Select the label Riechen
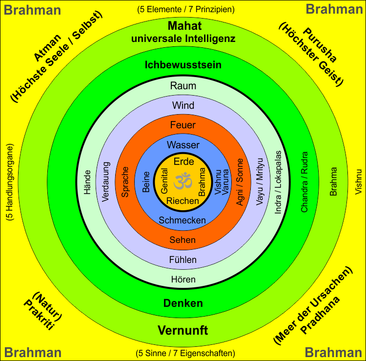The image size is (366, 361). tap(183, 201)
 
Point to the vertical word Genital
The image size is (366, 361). tap(164, 181)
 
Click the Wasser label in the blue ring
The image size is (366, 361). tap(183, 145)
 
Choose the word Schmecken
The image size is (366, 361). tap(182, 221)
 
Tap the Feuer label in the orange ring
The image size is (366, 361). tap(183, 125)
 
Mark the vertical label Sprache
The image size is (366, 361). tap(125, 182)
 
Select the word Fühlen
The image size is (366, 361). tap(183, 260)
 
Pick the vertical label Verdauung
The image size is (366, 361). tap(106, 181)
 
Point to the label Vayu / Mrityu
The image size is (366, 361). tap(260, 182)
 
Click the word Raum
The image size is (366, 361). tap(183, 86)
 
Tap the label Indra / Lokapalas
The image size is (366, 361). tap(279, 181)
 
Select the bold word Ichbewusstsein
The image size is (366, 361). tap(183, 65)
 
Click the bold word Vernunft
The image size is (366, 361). tap(183, 331)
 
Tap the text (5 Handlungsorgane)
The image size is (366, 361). tap(10, 182)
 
